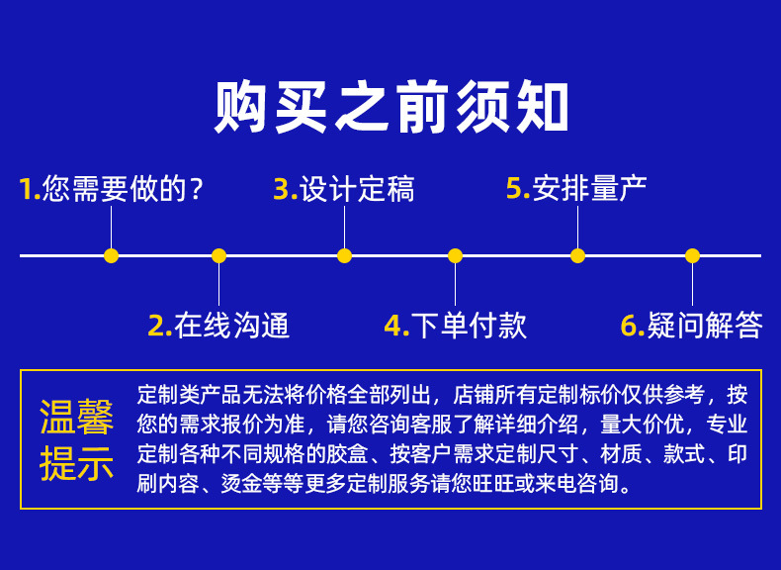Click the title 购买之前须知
point(390,108)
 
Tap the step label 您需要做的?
point(124,188)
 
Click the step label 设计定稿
point(357,188)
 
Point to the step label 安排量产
point(590,188)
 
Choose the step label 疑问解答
point(705,325)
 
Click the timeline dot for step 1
point(111,255)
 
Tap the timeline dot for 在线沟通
point(218,255)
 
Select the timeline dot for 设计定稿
point(344,255)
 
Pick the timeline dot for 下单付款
point(455,255)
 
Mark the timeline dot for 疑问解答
point(692,255)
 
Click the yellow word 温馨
point(76,418)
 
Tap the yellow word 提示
point(76,462)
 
